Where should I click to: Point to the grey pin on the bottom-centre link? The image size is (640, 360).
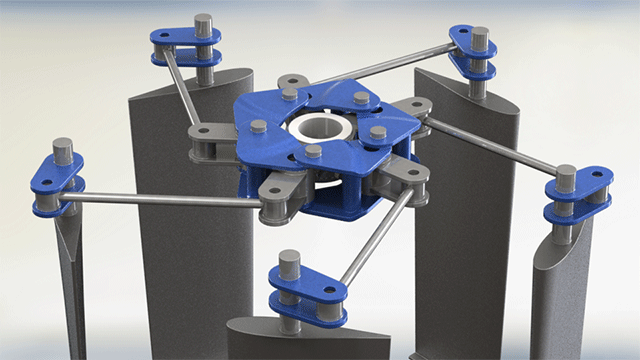pyautogui.click(x=289, y=262)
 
